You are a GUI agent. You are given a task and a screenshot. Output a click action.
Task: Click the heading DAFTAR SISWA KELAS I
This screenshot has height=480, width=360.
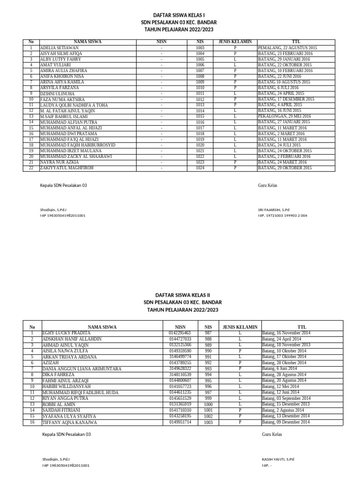(x=180, y=15)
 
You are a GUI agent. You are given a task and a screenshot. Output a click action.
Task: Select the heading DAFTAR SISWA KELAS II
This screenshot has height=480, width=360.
(x=182, y=296)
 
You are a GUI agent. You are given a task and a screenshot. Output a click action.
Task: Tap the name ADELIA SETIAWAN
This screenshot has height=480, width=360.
(x=60, y=48)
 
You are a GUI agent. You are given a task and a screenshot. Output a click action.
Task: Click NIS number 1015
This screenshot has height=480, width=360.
(x=200, y=116)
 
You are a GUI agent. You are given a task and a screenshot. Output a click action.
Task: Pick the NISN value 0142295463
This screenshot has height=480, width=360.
(x=180, y=333)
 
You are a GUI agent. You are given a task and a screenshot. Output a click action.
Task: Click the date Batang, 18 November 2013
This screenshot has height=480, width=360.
(x=286, y=345)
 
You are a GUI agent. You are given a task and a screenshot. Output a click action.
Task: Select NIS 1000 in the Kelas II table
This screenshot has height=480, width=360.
(x=208, y=404)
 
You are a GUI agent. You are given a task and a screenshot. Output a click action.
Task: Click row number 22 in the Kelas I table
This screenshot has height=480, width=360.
(x=31, y=168)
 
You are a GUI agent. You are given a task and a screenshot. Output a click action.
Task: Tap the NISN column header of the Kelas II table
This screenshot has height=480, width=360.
(x=180, y=327)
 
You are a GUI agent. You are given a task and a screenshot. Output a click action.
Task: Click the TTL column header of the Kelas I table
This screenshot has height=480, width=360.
(x=296, y=42)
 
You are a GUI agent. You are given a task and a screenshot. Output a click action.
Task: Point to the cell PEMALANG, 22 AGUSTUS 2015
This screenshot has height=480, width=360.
(x=287, y=48)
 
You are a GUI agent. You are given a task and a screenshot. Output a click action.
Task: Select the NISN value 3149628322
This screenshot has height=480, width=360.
(x=180, y=368)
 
